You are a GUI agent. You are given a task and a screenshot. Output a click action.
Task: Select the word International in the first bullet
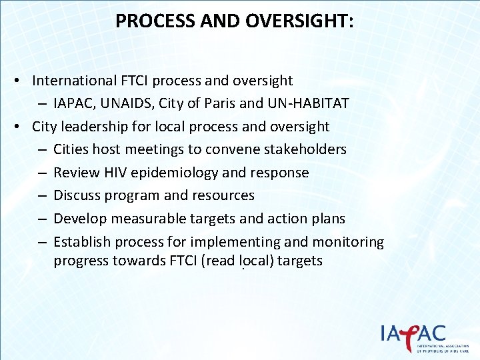(x=74, y=81)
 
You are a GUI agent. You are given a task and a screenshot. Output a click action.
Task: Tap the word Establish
(x=81, y=241)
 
